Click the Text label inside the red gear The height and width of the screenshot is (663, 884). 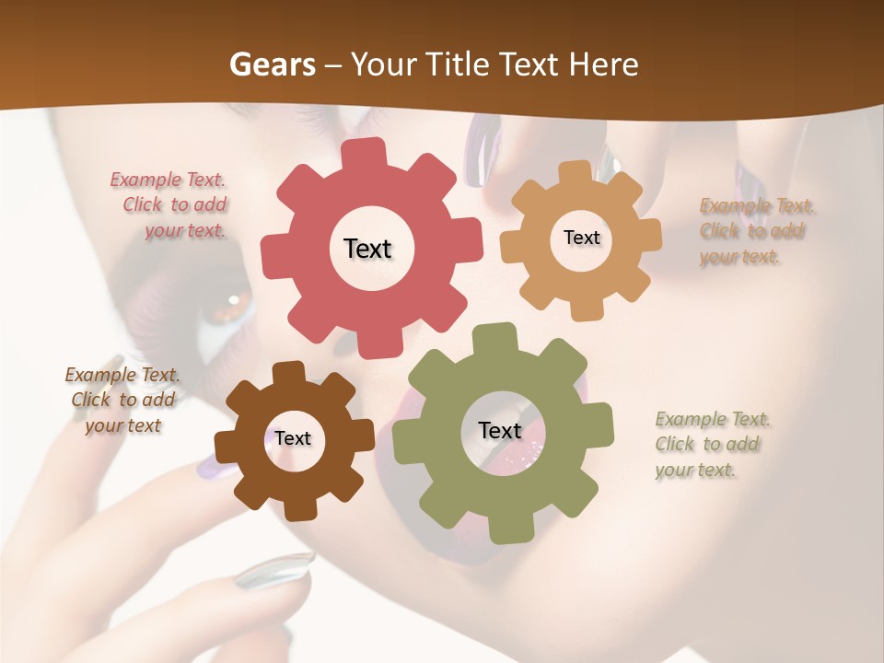click(367, 249)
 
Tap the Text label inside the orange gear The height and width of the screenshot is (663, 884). click(581, 238)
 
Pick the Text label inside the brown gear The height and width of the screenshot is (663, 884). click(292, 438)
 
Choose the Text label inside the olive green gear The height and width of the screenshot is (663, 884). click(499, 430)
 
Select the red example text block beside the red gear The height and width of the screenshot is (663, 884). click(169, 205)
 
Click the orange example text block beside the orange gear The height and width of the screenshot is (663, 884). click(757, 231)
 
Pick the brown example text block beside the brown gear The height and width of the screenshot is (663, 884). click(122, 400)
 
